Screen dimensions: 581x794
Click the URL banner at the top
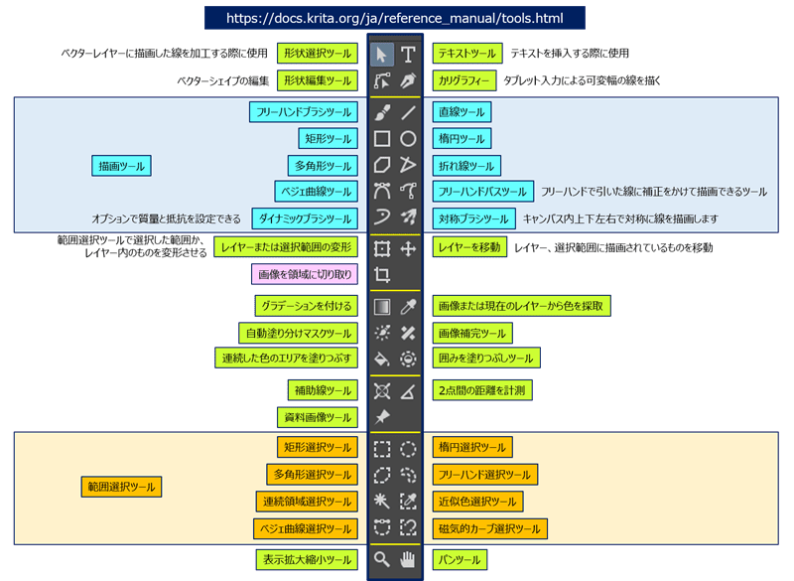pyautogui.click(x=396, y=19)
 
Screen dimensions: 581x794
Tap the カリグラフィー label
pyautogui.click(x=463, y=80)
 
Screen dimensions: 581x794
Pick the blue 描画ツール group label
pyautogui.click(x=118, y=165)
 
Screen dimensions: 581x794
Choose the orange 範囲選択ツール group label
pyautogui.click(x=120, y=487)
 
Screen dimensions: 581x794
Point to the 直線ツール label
pyautogui.click(x=462, y=112)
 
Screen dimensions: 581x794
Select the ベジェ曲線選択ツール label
pyautogui.click(x=304, y=529)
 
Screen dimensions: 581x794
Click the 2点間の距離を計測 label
pyautogui.click(x=481, y=389)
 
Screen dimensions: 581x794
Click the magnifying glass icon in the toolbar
pyautogui.click(x=382, y=560)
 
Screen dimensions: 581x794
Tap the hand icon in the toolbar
pyautogui.click(x=408, y=560)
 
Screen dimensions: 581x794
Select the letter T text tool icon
pyautogui.click(x=408, y=54)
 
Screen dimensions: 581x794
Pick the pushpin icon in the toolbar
pyautogui.click(x=382, y=417)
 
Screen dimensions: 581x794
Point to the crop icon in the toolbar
pyautogui.click(x=382, y=274)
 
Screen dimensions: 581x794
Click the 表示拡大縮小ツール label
pyautogui.click(x=306, y=561)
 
